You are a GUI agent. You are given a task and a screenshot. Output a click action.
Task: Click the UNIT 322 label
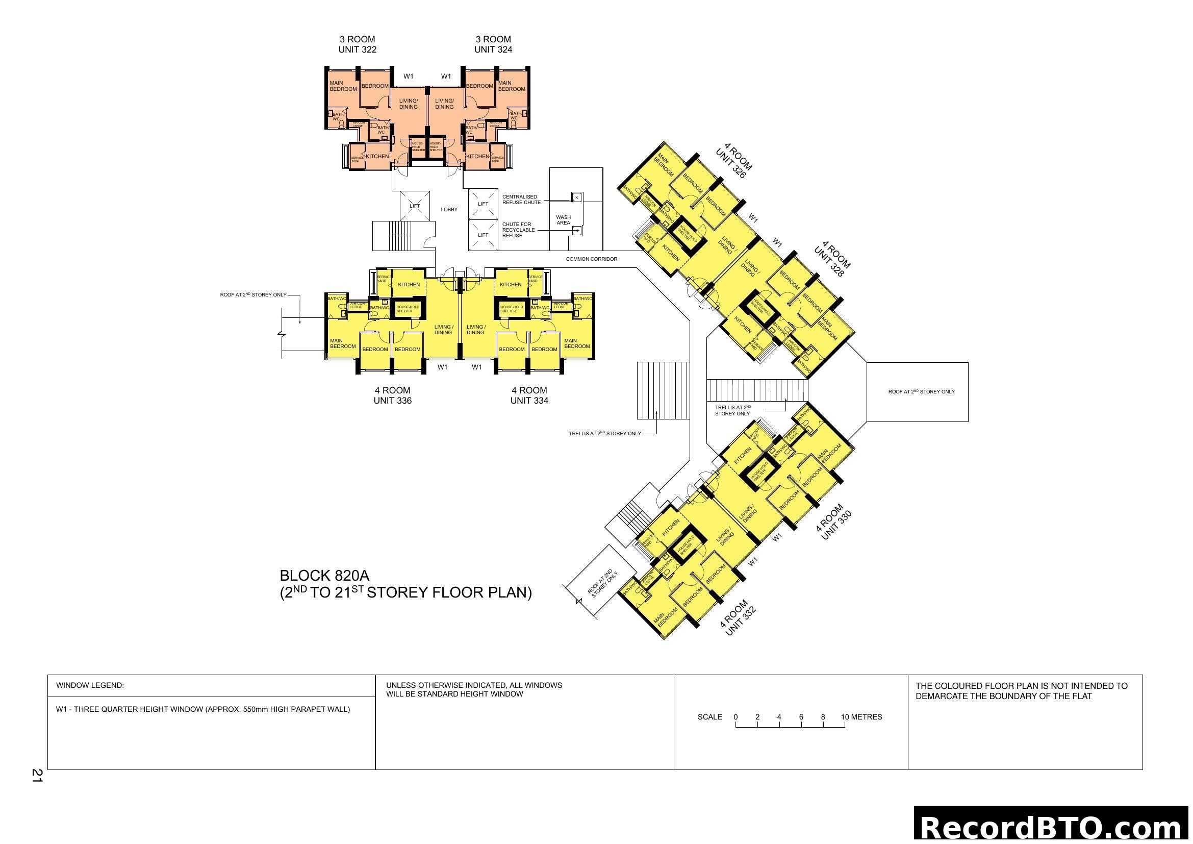357,50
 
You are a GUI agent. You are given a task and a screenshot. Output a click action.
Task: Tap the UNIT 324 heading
493,50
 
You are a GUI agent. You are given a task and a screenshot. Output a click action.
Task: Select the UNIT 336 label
392,401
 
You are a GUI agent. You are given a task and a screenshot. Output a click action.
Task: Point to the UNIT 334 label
529,401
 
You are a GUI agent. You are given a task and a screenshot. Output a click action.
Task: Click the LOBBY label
449,209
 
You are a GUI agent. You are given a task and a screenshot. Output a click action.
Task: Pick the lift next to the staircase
415,206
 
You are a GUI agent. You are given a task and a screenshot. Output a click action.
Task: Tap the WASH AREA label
563,220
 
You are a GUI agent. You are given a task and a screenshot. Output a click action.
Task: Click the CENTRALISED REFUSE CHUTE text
521,200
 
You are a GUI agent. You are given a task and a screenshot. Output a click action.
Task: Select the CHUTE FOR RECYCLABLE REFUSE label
518,230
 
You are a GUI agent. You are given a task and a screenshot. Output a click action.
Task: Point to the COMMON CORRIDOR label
591,259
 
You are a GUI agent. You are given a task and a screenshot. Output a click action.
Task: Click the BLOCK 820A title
324,576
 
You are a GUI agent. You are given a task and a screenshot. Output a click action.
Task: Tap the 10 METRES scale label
861,716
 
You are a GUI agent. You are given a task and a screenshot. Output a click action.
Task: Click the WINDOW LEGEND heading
90,685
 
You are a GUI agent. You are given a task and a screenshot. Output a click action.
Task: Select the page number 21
37,776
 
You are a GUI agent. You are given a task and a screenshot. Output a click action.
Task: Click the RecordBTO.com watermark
1053,827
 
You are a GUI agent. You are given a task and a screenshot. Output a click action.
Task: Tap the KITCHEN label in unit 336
409,285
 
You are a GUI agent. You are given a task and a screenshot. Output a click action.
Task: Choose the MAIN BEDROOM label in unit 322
343,86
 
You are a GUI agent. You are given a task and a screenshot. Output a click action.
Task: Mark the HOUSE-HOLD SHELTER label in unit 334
511,309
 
